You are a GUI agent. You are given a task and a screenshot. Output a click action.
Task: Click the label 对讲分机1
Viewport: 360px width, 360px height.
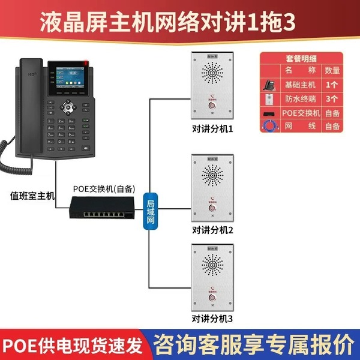(212, 129)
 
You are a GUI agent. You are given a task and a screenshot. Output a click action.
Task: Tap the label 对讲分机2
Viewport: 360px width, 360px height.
(212, 230)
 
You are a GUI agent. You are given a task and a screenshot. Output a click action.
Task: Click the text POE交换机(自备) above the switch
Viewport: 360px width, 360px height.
(104, 188)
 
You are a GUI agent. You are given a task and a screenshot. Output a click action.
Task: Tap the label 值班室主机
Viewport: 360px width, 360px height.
(32, 195)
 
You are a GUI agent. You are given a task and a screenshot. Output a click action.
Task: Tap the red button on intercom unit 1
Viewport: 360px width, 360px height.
(212, 107)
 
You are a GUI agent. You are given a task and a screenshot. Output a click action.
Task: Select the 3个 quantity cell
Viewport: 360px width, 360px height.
(332, 98)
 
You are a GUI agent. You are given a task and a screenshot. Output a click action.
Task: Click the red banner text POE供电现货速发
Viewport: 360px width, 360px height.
(73, 346)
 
